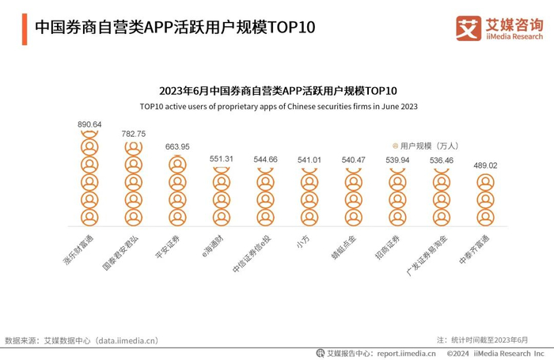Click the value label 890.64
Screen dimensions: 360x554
pos(89,125)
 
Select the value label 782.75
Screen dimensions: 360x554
pos(134,134)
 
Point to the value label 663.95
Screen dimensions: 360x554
pos(177,146)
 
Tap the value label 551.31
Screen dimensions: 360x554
pos(222,159)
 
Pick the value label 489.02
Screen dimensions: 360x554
pos(484,165)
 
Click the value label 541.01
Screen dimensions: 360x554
pos(309,160)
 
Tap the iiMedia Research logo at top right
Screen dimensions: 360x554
pos(499,29)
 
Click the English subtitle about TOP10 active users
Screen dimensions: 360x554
pos(279,105)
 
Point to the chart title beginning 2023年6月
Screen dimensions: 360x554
pos(278,90)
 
